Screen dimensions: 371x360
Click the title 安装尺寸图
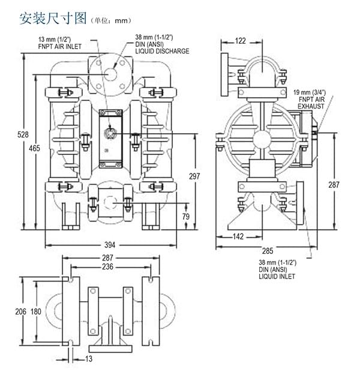tap(53, 17)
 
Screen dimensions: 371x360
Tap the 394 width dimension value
tap(110, 245)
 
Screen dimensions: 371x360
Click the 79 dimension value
tap(186, 216)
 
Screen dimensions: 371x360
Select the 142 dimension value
tap(238, 237)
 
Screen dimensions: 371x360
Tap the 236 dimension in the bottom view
tap(109, 267)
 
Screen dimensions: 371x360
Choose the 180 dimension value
tap(35, 311)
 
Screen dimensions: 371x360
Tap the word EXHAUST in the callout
tap(311, 106)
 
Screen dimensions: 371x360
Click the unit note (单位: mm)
tap(110, 20)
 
